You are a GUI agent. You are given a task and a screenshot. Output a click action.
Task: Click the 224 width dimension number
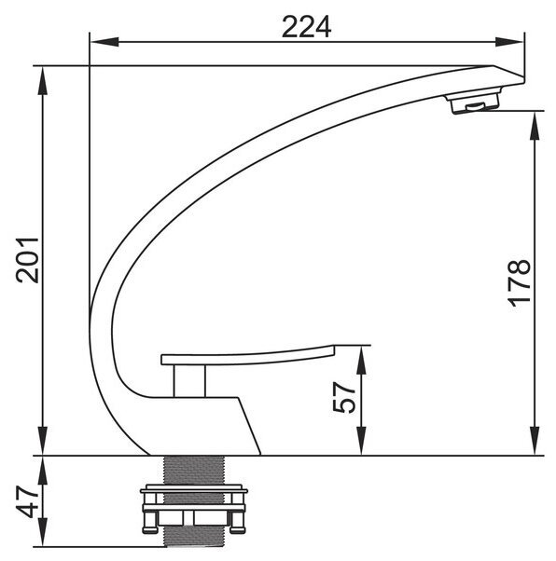306,27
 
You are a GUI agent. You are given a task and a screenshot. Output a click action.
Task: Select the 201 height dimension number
27,260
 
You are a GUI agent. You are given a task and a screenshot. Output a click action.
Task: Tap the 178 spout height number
519,283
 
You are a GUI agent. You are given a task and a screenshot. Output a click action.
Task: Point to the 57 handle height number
344,397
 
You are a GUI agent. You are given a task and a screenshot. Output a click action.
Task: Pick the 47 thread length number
27,501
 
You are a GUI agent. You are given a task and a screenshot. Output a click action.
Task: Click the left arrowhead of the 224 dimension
104,42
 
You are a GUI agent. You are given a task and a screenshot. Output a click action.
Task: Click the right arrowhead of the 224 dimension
509,42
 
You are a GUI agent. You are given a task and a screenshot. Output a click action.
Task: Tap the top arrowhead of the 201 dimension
43,81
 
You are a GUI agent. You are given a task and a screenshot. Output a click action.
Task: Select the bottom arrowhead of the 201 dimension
43,441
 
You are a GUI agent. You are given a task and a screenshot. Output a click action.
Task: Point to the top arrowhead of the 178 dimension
535,126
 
